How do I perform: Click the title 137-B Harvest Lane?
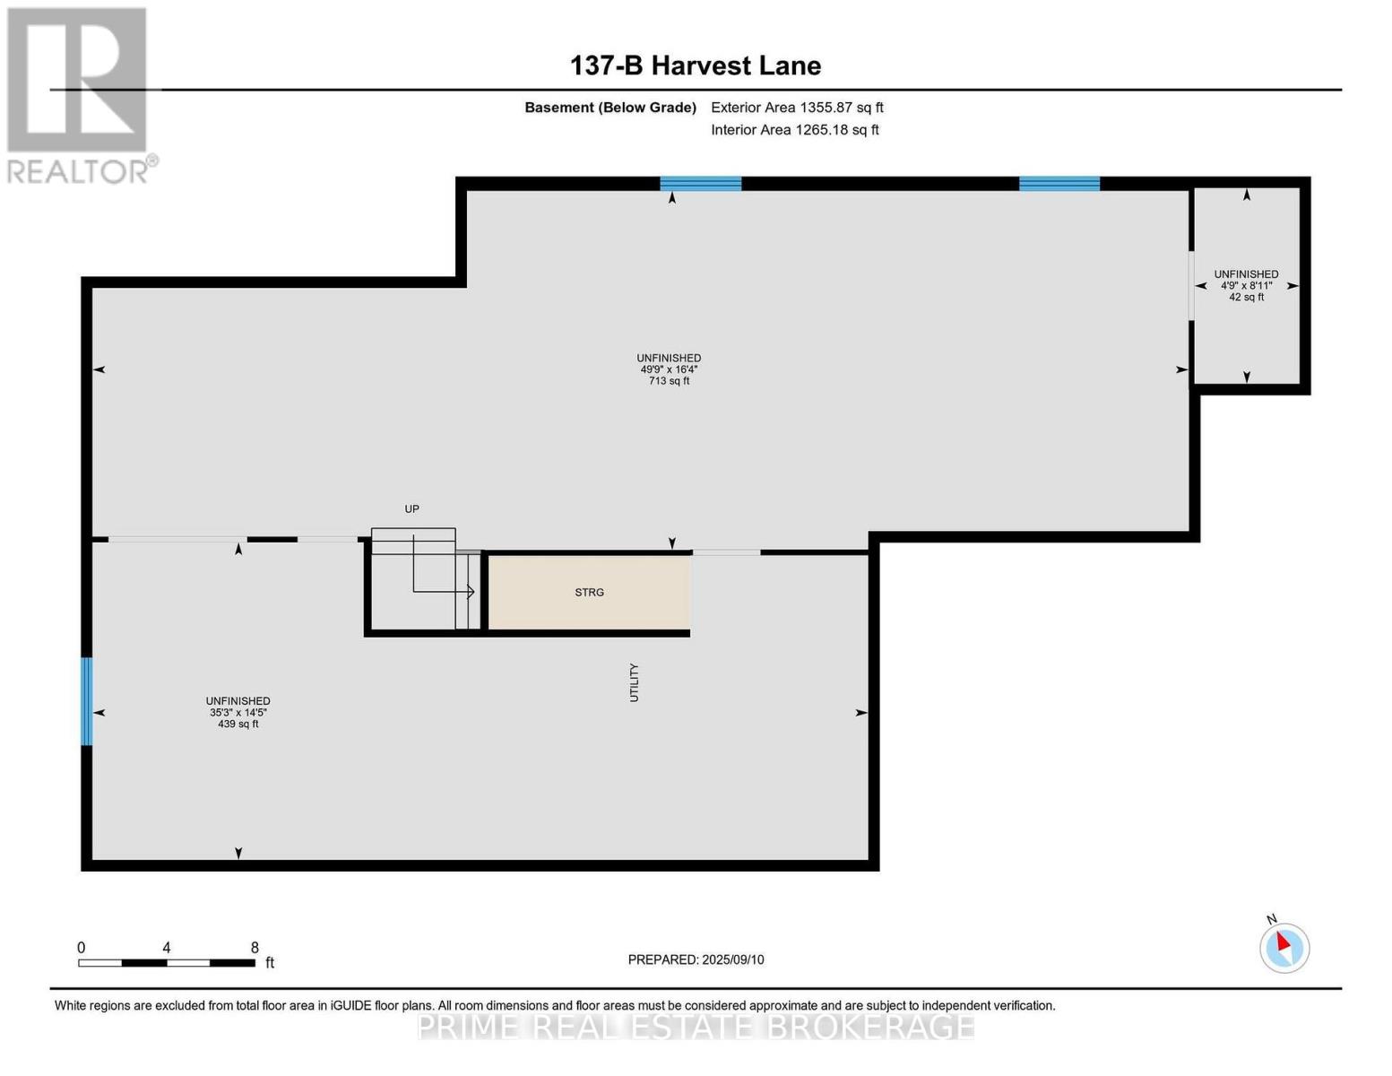tap(696, 65)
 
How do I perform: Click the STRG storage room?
tap(589, 593)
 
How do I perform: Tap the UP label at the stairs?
tap(411, 508)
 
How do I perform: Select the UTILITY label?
tap(634, 682)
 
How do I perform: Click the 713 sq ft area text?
tap(669, 381)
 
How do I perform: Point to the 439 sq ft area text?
tap(238, 725)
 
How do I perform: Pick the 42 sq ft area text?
tap(1246, 298)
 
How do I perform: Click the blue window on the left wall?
tap(87, 702)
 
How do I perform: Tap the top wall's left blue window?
tap(700, 184)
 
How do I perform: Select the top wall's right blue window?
tap(1059, 184)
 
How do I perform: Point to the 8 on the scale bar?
tap(255, 948)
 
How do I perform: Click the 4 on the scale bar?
tap(167, 948)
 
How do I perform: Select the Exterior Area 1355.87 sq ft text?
tap(797, 108)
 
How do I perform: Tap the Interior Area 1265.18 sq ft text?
tap(794, 130)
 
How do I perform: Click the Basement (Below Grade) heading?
tap(610, 108)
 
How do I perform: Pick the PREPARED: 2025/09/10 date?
tap(696, 959)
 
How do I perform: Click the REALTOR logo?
tap(79, 94)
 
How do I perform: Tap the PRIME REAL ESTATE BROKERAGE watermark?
tap(696, 1027)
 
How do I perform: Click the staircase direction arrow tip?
tap(472, 592)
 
